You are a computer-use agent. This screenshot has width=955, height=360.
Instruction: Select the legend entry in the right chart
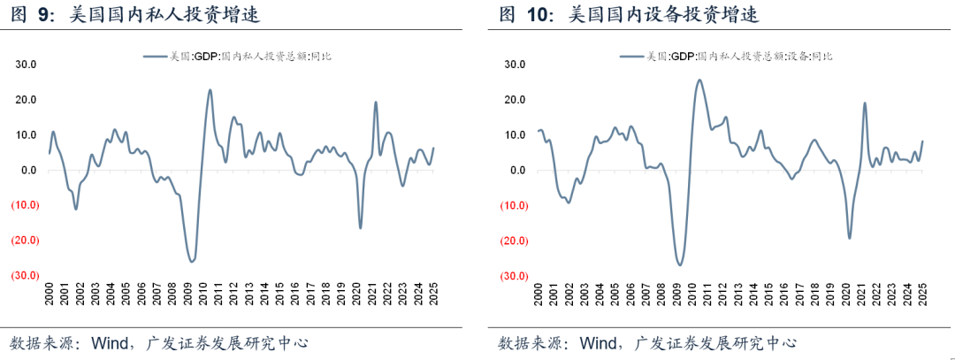725,57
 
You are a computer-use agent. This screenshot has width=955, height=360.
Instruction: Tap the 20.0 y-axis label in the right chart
515,100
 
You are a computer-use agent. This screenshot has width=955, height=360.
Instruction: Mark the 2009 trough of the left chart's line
191,261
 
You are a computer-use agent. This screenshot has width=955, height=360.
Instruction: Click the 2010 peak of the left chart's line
210,89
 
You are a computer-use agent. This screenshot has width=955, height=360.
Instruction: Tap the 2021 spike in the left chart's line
376,102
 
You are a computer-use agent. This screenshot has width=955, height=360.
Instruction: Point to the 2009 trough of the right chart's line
679,264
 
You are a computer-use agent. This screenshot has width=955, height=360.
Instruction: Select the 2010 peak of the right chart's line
699,80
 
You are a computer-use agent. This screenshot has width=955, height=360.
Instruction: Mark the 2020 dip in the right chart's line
850,238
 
